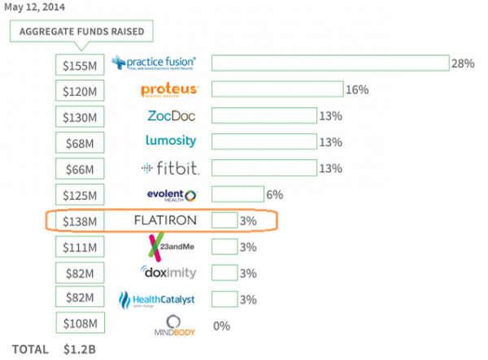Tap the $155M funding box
[81, 63]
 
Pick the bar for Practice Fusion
[330, 63]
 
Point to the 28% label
[464, 63]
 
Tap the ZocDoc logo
[171, 116]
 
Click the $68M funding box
[81, 143]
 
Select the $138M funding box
[81, 221]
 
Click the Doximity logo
[169, 273]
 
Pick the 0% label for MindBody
[220, 325]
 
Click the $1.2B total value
[80, 350]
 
